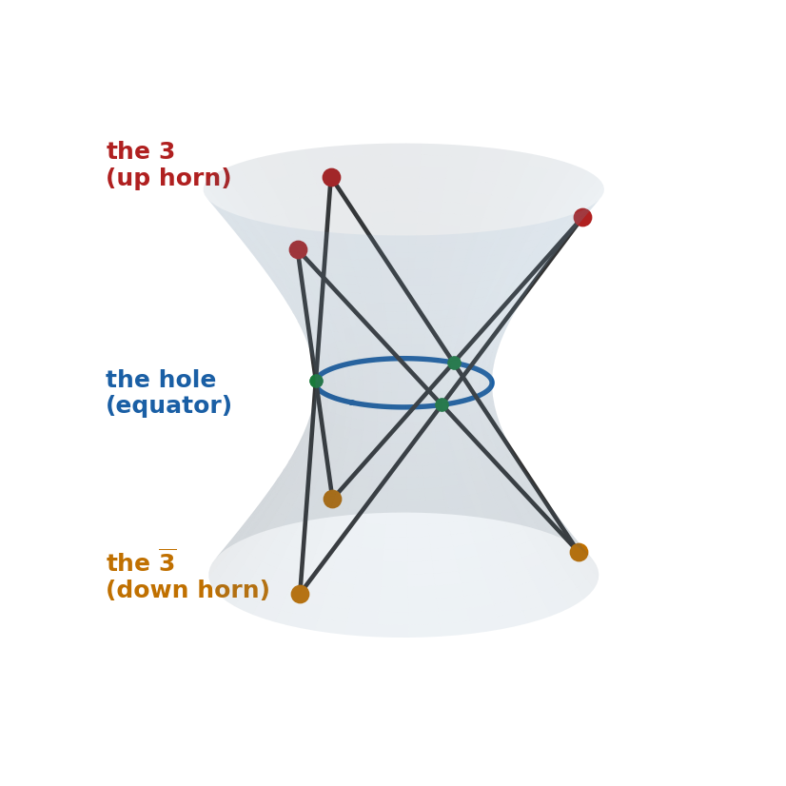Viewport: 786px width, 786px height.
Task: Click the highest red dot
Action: pos(331,177)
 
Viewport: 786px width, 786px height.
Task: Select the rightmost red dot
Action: pos(582,218)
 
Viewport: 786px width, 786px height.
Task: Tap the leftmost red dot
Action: pos(298,249)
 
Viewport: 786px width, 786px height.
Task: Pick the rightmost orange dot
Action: pos(579,553)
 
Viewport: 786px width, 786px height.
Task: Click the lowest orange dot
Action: pos(301,594)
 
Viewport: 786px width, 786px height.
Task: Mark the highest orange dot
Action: pos(332,499)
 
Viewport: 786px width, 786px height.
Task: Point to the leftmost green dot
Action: pos(316,381)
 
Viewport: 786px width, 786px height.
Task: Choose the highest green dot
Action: pos(454,363)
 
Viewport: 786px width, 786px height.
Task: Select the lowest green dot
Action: pos(442,404)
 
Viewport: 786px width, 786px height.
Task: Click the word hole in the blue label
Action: pos(187,379)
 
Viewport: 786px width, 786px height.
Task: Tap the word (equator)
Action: pos(168,405)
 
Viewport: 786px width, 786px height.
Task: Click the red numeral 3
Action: pos(167,151)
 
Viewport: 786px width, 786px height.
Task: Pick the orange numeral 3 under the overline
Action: pos(167,563)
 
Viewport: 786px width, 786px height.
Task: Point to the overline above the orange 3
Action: pos(167,550)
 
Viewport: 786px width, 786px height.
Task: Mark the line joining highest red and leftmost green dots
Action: pos(324,279)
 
